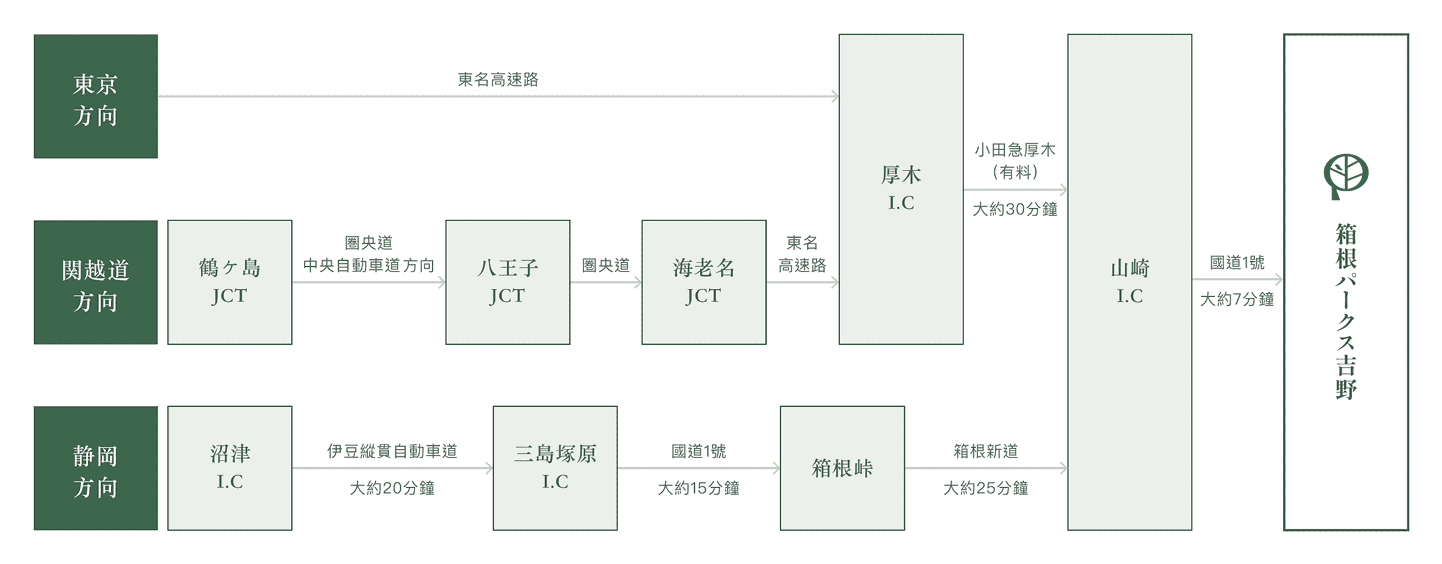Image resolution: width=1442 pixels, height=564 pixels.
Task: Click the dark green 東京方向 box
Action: tap(96, 96)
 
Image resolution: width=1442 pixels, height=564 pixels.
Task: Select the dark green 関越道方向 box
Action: tap(96, 283)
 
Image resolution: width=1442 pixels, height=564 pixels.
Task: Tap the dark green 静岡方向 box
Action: tap(96, 468)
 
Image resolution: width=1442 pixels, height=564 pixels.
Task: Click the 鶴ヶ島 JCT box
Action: tap(230, 283)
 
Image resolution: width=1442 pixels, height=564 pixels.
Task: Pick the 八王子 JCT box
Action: tap(507, 283)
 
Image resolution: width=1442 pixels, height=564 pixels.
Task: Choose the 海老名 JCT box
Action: tap(703, 283)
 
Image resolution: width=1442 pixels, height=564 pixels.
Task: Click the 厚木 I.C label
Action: tap(901, 189)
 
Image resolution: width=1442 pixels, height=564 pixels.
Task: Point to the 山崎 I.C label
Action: tap(1130, 282)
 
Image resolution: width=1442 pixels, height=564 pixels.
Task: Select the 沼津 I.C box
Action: tap(230, 468)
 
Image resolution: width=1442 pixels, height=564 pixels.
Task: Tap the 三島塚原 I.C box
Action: tap(555, 468)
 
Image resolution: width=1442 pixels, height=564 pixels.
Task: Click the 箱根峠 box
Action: tap(842, 468)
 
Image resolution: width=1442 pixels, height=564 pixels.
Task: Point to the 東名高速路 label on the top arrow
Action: tap(498, 80)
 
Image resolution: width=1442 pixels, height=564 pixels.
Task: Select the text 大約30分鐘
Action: tap(1015, 210)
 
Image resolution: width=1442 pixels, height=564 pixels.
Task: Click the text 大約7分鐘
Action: tap(1237, 300)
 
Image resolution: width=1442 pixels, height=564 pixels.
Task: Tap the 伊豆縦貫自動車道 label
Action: tap(392, 451)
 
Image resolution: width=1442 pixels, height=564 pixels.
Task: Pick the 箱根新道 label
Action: tap(985, 451)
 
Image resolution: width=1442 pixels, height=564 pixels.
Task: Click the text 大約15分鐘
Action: tap(698, 488)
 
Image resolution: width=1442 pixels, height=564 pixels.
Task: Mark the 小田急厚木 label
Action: tap(1015, 150)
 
